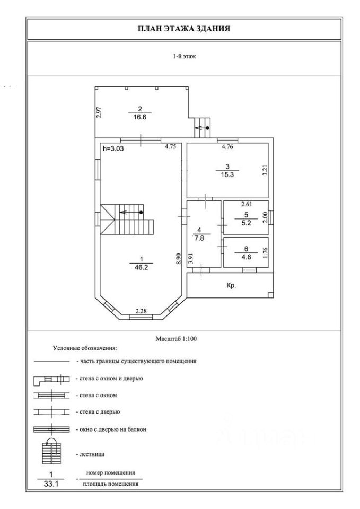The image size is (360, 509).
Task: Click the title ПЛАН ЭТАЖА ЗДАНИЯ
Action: click(x=184, y=29)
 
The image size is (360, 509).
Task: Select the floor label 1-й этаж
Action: click(x=184, y=56)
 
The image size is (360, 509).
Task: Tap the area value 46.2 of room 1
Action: click(x=141, y=268)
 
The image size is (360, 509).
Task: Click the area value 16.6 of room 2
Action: click(x=141, y=118)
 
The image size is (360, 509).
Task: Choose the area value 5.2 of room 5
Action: click(x=245, y=222)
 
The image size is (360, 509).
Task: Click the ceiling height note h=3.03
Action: click(x=113, y=150)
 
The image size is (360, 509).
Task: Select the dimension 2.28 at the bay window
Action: click(x=141, y=311)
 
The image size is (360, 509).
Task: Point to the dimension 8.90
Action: click(x=179, y=259)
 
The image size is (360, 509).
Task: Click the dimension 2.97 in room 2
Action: click(x=99, y=113)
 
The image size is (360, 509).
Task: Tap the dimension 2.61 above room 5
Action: click(x=247, y=204)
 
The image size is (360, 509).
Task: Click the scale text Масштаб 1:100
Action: click(x=176, y=338)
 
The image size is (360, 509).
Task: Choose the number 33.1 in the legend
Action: click(x=51, y=484)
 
